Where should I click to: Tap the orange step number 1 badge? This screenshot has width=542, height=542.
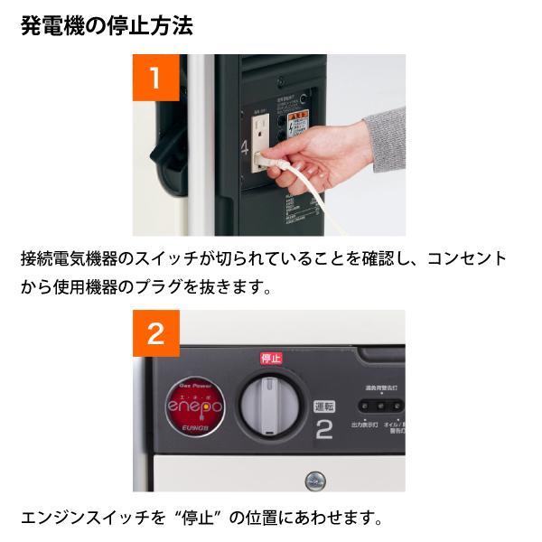coord(155,77)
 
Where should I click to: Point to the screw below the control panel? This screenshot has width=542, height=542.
coord(316,479)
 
